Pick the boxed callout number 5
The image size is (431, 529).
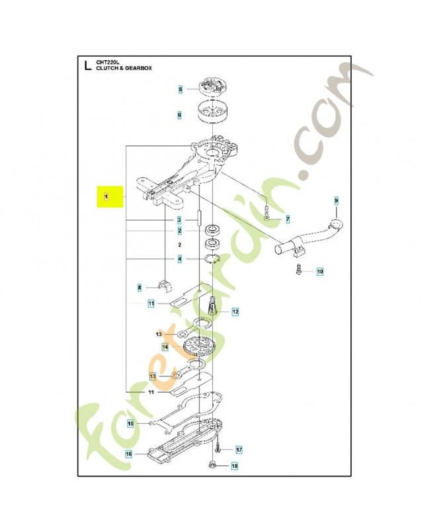[x=179, y=89]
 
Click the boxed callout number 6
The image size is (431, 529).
[x=179, y=114]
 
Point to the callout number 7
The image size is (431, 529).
[x=288, y=218]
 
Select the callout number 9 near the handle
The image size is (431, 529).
[x=336, y=200]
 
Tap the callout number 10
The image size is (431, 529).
[x=320, y=272]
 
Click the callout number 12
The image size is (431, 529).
[x=235, y=311]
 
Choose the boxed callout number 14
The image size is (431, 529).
[x=165, y=346]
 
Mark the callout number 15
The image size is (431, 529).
[x=131, y=424]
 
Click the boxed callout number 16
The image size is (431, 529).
[x=129, y=454]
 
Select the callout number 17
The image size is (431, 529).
[x=239, y=450]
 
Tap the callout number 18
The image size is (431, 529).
[x=234, y=467]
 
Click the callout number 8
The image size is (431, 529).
[x=139, y=288]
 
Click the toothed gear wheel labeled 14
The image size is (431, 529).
[x=202, y=346]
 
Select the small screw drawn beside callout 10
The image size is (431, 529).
[x=299, y=270]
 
